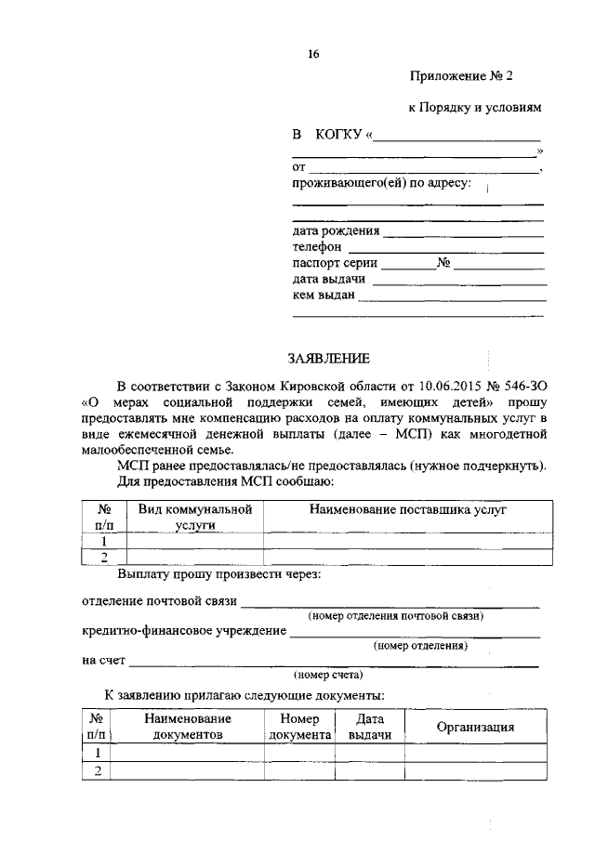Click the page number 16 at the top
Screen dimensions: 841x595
click(x=313, y=54)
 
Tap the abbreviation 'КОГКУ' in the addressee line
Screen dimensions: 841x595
click(x=338, y=137)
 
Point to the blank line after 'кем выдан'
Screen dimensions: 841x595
click(x=452, y=300)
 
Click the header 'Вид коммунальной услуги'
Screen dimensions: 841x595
click(x=195, y=517)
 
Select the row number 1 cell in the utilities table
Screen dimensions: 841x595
click(x=105, y=540)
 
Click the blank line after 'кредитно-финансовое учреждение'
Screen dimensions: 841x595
click(x=415, y=636)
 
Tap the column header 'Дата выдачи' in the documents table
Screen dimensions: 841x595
click(x=369, y=727)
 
